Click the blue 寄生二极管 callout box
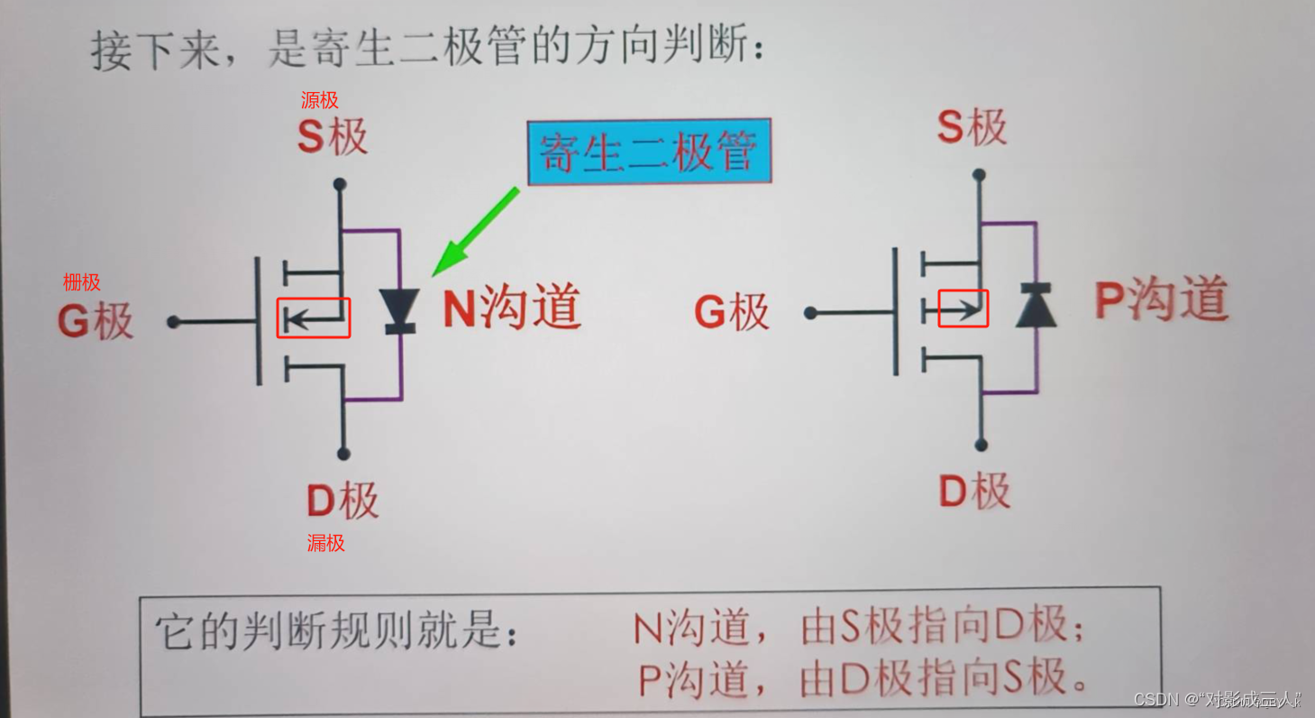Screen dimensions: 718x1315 pos(648,152)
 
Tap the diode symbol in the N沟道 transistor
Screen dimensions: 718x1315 pos(397,311)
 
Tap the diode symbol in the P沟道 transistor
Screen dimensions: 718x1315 pos(1036,305)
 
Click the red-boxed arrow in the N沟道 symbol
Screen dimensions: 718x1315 pos(313,318)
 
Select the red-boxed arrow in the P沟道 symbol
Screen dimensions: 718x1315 pos(963,308)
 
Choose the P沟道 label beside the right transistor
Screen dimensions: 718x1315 pos(1162,299)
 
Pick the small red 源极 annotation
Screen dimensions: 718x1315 pos(320,100)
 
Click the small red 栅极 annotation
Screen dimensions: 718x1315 pos(81,282)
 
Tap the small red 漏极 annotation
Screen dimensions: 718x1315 pos(325,543)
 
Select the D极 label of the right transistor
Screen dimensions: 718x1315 pos(974,492)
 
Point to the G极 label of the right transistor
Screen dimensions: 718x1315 pos(731,312)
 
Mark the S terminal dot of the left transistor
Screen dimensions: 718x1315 pos(340,184)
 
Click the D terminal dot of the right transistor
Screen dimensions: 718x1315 pos(982,446)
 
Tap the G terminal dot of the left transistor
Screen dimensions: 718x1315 pos(173,322)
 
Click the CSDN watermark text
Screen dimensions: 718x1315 pos(1217,699)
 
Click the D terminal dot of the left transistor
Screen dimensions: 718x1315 pos(343,454)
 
